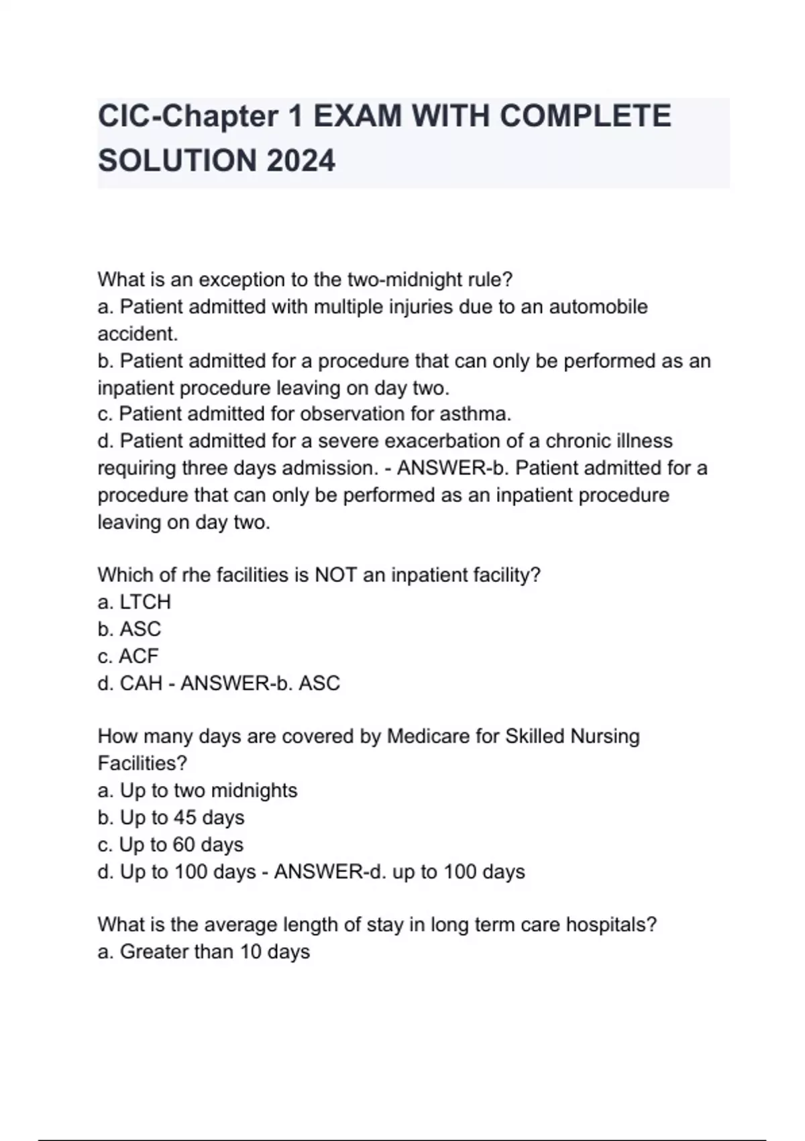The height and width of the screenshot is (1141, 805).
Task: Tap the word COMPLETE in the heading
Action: (x=585, y=116)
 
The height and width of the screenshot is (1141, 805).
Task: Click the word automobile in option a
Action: (x=598, y=307)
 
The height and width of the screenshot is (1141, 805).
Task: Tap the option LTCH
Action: (x=145, y=602)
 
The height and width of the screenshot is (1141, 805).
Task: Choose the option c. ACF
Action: (x=128, y=656)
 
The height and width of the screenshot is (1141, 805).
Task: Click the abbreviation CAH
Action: (x=141, y=683)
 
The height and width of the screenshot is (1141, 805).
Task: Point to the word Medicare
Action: (x=429, y=736)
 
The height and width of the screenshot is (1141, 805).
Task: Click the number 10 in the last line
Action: (x=250, y=952)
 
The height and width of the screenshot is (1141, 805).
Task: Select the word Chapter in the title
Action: (x=219, y=116)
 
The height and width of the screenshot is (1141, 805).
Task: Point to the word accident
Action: (x=138, y=334)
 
